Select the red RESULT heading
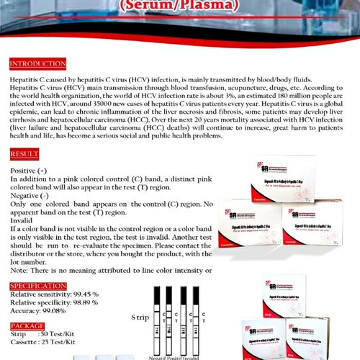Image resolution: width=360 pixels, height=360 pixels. coord(25,154)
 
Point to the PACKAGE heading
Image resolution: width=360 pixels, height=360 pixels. coord(27,325)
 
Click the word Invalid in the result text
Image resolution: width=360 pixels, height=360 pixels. coord(22,220)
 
